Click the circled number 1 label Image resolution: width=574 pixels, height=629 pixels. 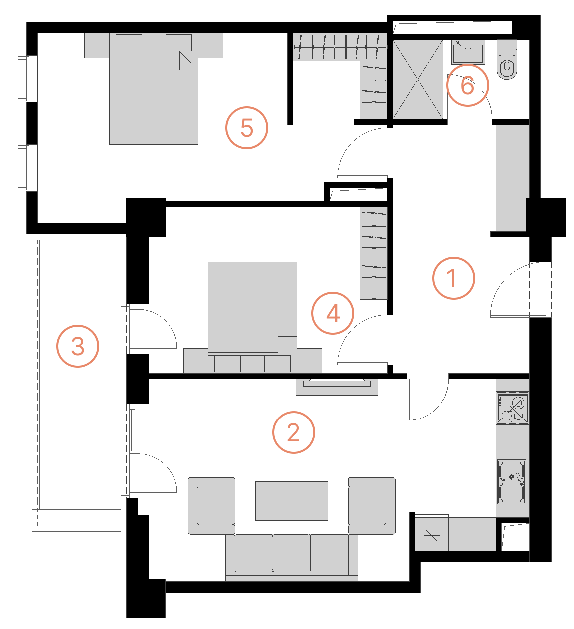(x=453, y=278)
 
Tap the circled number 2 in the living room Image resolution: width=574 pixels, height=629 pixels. (x=293, y=432)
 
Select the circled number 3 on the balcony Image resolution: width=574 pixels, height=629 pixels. (x=78, y=346)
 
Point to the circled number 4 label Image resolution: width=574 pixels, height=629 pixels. (x=333, y=313)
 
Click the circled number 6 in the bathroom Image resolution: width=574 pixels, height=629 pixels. (x=467, y=85)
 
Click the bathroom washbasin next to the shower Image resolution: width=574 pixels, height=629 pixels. (x=468, y=52)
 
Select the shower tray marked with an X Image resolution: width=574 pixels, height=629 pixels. (x=418, y=79)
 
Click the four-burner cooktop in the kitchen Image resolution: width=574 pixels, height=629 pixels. (x=512, y=408)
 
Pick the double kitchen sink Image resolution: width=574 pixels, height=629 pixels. (x=512, y=482)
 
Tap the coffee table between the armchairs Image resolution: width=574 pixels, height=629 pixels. (x=292, y=501)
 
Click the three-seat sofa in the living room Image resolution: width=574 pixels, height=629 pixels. (x=292, y=556)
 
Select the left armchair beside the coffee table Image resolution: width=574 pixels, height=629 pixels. (x=211, y=506)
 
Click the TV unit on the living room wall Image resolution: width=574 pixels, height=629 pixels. (x=337, y=387)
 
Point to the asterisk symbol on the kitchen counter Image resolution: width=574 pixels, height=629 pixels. (x=431, y=536)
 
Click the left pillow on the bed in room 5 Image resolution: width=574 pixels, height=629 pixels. (x=129, y=42)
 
